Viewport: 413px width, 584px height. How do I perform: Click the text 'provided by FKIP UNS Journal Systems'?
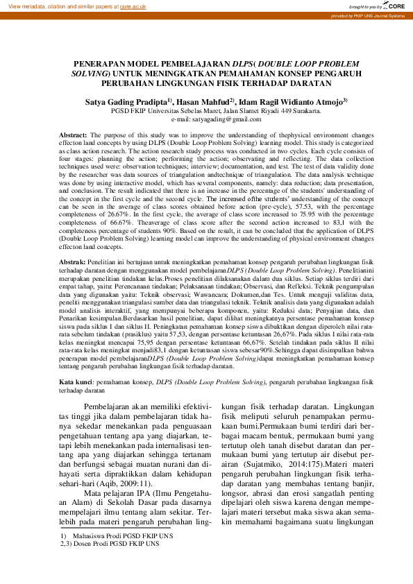[x=367, y=15]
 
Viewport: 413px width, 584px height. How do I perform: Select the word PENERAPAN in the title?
[x=101, y=62]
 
